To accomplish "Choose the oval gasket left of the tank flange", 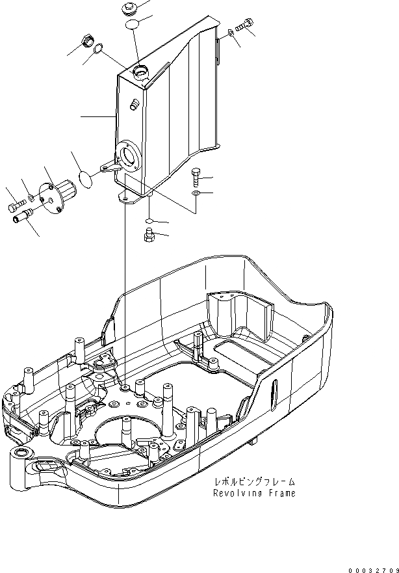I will [84, 176].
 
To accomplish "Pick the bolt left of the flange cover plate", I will [16, 208].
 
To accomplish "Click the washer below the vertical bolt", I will [196, 194].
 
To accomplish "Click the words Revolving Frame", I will [254, 493].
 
